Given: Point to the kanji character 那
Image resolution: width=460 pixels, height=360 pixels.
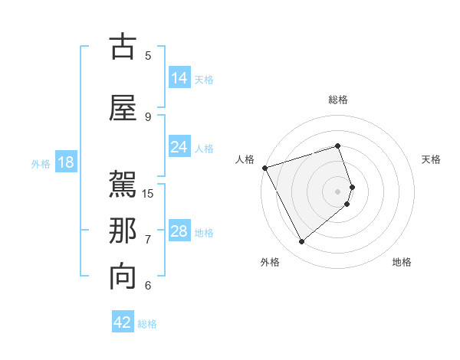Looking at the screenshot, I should (123, 231).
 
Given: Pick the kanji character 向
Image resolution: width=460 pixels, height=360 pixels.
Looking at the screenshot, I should (123, 277).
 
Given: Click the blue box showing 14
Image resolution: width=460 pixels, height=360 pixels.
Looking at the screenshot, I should (179, 78).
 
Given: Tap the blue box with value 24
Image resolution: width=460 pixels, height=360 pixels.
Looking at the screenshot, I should (179, 147).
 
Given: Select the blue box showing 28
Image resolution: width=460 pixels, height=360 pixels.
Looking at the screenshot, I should (179, 231).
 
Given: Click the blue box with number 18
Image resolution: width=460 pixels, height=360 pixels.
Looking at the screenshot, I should (65, 162).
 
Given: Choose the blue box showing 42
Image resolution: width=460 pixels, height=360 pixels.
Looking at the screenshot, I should (122, 322).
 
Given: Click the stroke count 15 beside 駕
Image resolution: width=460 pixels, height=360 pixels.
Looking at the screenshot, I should (148, 193).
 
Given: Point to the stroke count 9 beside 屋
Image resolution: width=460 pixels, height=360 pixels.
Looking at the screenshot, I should (148, 116).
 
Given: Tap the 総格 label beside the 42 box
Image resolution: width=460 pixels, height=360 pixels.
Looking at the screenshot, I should (147, 324).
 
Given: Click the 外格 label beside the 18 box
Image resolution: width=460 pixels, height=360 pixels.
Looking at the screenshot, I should (41, 163).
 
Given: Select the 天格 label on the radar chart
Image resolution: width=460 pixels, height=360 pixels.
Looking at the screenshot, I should (431, 159).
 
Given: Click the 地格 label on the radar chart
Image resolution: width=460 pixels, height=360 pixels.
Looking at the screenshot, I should (402, 262).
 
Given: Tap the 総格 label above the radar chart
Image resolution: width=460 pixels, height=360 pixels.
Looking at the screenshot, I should (337, 100).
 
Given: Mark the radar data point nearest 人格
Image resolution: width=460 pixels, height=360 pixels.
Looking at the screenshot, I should (264, 168).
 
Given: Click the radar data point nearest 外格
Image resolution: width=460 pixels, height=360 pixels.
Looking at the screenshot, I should (301, 242).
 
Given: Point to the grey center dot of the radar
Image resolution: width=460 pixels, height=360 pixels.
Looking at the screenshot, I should (337, 191).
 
